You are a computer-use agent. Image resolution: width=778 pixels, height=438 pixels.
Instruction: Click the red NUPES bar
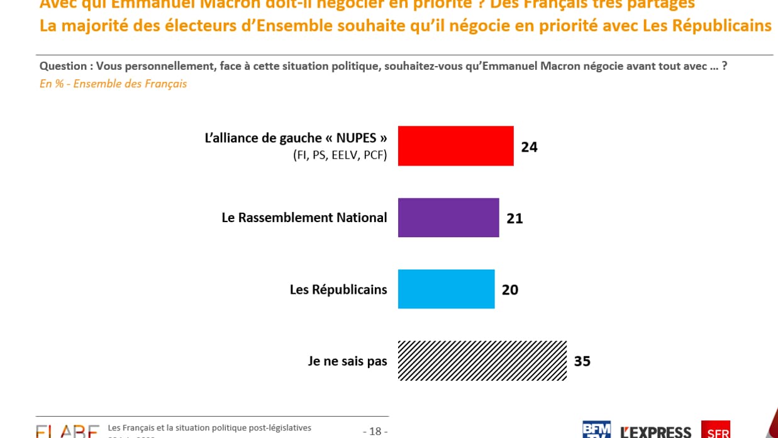(455, 146)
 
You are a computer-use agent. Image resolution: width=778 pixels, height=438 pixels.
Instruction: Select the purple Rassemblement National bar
(448, 218)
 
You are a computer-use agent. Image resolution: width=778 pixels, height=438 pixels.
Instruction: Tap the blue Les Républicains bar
(446, 289)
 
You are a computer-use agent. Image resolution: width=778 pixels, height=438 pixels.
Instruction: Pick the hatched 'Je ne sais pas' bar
(482, 361)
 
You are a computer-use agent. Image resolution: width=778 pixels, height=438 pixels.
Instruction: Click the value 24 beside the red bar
(529, 147)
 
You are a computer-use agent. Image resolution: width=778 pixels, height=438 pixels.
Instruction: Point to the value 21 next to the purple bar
(514, 218)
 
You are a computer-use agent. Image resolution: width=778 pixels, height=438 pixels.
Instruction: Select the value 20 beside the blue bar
(510, 289)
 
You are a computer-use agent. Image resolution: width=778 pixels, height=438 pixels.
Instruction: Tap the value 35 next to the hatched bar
(582, 361)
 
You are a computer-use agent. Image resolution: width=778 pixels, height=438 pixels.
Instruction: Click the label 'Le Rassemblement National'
(304, 218)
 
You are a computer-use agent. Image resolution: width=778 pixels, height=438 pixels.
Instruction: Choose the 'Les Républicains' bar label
(338, 289)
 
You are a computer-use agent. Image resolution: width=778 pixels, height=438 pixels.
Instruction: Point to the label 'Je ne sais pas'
(347, 361)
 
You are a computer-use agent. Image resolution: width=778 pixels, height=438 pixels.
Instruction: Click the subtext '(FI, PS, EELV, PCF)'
(340, 155)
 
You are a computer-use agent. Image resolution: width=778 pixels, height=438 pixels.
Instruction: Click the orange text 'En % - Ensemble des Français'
(113, 84)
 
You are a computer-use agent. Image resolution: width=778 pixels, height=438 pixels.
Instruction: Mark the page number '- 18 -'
(375, 431)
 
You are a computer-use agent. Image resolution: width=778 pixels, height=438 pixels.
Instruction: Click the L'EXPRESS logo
(655, 432)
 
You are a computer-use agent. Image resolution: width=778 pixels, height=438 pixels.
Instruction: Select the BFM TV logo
(596, 429)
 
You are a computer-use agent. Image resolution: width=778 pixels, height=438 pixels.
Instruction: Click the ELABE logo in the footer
(67, 431)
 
